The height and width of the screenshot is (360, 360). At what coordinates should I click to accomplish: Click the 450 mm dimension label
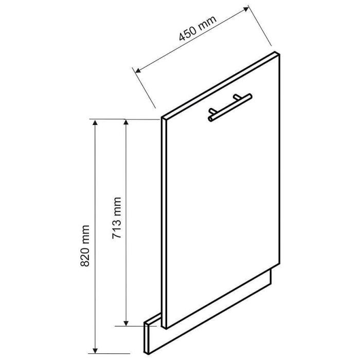click(197, 28)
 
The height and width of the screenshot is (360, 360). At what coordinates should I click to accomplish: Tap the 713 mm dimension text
click(117, 218)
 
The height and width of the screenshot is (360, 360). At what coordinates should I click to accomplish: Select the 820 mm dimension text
click(85, 246)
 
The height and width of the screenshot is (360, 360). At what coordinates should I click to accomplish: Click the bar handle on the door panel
click(230, 107)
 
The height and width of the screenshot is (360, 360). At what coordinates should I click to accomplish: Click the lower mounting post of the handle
click(212, 111)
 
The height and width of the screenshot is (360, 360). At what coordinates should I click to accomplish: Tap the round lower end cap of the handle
click(210, 119)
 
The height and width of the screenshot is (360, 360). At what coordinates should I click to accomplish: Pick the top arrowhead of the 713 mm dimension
click(126, 122)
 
